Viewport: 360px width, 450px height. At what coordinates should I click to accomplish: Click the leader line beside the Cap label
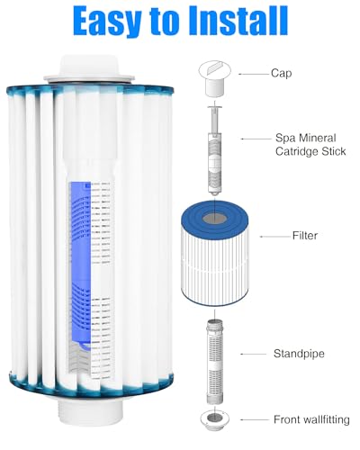click(x=253, y=72)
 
